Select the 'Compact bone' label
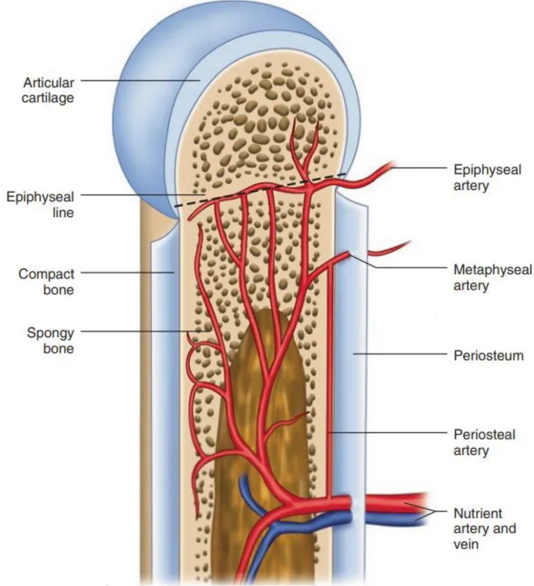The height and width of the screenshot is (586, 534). point(47,282)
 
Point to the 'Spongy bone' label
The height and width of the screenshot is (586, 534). point(52,340)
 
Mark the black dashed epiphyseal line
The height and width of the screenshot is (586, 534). point(257,190)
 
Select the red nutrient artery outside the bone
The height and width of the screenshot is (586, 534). point(390,501)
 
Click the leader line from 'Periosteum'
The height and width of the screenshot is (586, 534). point(398,354)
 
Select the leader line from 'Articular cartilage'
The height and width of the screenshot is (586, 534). point(140,80)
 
